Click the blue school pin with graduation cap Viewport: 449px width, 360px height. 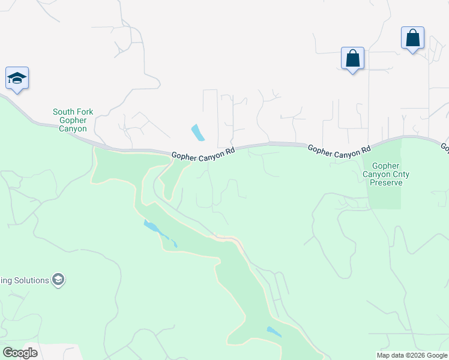coord(17,78)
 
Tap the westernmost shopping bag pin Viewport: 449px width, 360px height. coord(352,59)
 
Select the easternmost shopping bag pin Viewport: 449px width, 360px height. coord(412,38)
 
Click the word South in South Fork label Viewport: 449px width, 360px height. coord(64,112)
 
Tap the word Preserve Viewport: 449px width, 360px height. coord(385,182)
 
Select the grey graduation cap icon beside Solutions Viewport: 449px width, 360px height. coord(58,280)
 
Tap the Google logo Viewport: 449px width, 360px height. coord(20,353)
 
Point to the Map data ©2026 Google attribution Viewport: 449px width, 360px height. coord(412,355)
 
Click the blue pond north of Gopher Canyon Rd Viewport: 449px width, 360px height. coord(197,132)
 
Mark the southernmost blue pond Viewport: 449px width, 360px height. coord(274,332)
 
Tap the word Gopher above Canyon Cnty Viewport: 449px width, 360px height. coord(385,166)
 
